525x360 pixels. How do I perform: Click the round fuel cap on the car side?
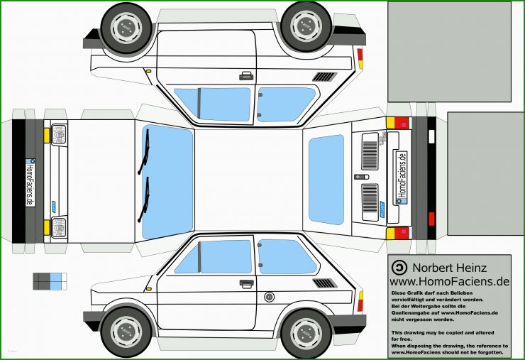click(269, 296)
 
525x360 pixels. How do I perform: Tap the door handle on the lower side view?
click(246, 283)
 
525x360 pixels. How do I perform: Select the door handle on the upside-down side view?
click(246, 75)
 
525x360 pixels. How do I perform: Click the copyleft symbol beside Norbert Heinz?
click(399, 268)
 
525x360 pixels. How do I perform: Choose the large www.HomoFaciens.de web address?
click(449, 281)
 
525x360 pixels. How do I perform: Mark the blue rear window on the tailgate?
click(326, 180)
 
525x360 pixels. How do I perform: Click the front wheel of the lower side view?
click(126, 332)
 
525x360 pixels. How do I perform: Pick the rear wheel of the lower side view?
click(306, 332)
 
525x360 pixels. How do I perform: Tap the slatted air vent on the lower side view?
click(324, 283)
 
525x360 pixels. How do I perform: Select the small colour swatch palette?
click(50, 280)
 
